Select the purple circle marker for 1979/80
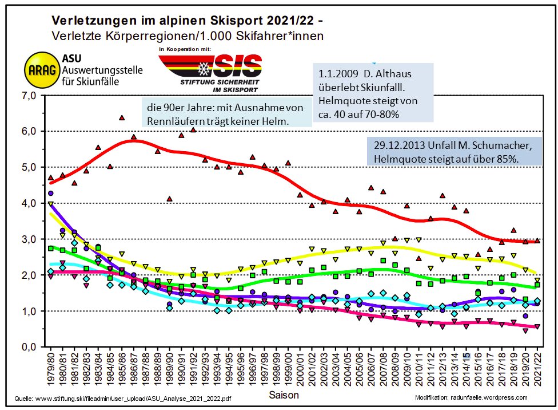click(50, 194)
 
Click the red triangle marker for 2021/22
click(537, 241)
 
